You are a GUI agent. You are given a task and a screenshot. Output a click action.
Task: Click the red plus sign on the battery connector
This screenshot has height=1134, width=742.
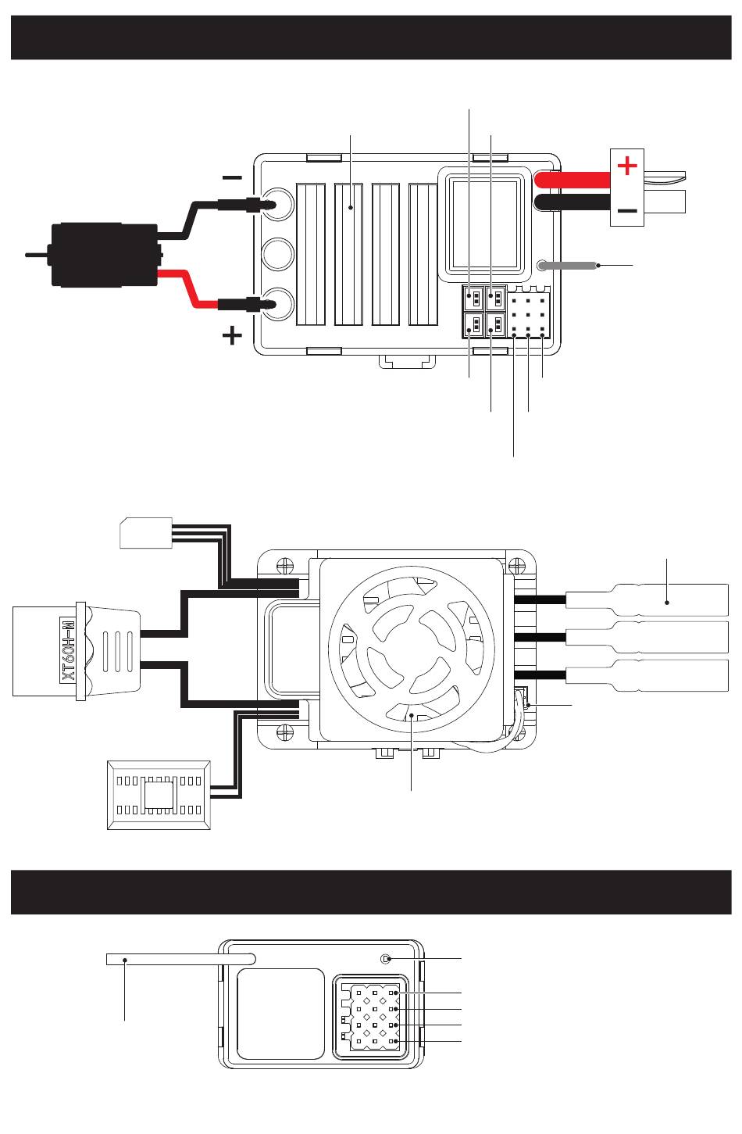(x=626, y=166)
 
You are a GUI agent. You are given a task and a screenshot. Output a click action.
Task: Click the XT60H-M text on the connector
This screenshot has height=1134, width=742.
(x=69, y=650)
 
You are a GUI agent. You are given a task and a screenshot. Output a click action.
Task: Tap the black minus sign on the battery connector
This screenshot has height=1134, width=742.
(x=626, y=210)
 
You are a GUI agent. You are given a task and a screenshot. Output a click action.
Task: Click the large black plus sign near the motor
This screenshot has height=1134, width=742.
(x=231, y=336)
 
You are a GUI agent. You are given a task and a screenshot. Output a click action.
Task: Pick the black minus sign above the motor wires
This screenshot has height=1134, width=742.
(x=232, y=177)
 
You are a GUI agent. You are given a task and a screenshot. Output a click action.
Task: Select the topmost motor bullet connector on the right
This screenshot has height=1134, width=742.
(x=647, y=599)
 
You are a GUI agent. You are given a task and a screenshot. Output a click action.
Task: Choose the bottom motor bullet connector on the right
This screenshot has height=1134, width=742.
(x=647, y=676)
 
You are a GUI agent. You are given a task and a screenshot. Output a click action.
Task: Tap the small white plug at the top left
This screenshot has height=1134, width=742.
(x=146, y=532)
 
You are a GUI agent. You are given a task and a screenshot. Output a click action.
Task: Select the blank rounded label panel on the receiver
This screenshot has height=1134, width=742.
(x=280, y=1014)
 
